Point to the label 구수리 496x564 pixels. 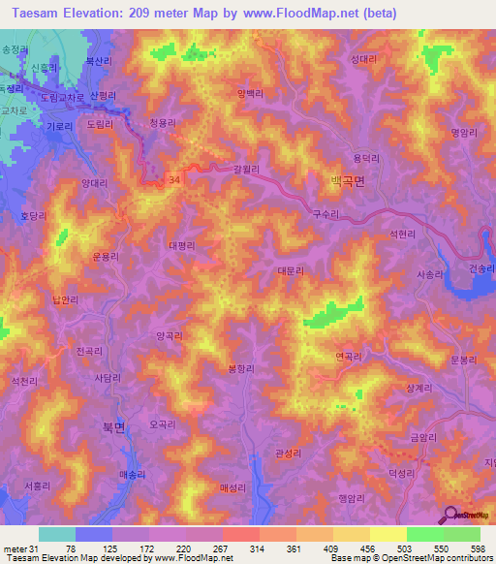click(326, 213)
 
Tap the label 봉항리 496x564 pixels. click(241, 367)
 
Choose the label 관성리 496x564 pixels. click(290, 453)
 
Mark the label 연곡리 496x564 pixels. click(348, 356)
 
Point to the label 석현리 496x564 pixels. click(403, 235)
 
